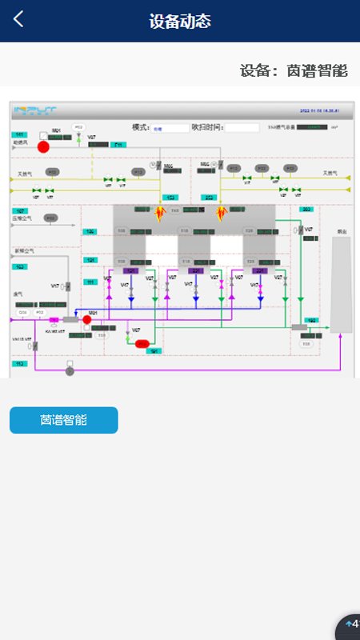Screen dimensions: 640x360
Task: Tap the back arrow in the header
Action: click(18, 19)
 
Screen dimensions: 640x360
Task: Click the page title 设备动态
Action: click(180, 21)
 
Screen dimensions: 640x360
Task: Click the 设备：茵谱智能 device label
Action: click(294, 70)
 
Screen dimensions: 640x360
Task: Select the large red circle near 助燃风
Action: click(44, 146)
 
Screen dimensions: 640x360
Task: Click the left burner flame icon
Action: click(159, 213)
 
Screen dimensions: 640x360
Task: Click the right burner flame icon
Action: click(222, 213)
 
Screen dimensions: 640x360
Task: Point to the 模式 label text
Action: click(141, 127)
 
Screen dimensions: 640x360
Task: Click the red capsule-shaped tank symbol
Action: click(142, 343)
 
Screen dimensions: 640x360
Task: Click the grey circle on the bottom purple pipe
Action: click(70, 370)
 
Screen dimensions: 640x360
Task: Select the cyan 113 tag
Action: click(19, 364)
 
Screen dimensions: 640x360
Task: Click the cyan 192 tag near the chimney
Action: click(312, 320)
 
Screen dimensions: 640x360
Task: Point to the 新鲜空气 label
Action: click(26, 251)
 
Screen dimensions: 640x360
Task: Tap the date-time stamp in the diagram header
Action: click(325, 110)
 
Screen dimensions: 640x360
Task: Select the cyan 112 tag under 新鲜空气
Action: click(20, 266)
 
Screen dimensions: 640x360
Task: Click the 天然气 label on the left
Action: click(25, 173)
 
